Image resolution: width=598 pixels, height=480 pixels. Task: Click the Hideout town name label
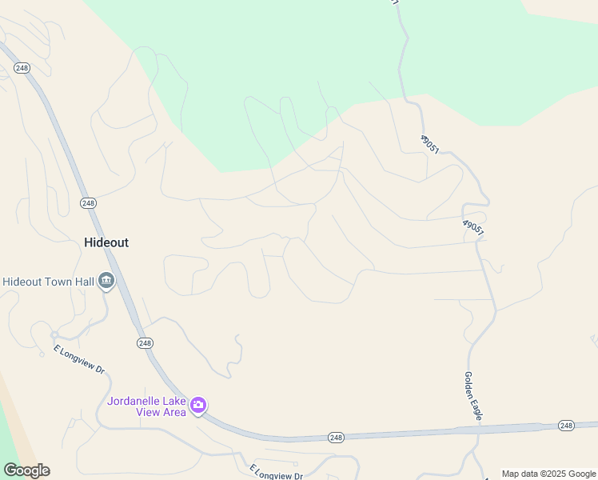click(x=106, y=242)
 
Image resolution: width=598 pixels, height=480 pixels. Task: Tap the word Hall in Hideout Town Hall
click(x=80, y=282)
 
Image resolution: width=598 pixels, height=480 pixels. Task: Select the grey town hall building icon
click(x=106, y=282)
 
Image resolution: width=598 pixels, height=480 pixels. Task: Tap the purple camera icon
click(x=198, y=406)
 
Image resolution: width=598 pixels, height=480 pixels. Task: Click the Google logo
click(x=26, y=470)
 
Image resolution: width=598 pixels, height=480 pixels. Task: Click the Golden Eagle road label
click(x=472, y=396)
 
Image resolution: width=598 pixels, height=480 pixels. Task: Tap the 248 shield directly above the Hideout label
click(x=88, y=203)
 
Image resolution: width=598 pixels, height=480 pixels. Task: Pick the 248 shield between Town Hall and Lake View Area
click(x=145, y=342)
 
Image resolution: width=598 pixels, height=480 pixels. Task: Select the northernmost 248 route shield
click(x=22, y=67)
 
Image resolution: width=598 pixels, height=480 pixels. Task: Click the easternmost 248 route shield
click(x=566, y=425)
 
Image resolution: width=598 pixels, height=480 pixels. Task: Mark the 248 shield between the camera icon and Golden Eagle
click(x=337, y=437)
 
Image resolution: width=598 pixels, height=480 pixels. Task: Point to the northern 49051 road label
click(x=430, y=145)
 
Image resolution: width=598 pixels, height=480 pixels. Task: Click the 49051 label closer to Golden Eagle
click(x=473, y=227)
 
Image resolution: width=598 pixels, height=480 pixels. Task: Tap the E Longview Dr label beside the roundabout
click(x=79, y=360)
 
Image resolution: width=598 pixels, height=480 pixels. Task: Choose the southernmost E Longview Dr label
click(x=276, y=472)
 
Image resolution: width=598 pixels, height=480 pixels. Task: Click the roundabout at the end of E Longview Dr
click(x=54, y=334)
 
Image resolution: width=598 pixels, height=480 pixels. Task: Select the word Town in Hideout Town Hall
click(x=53, y=282)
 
